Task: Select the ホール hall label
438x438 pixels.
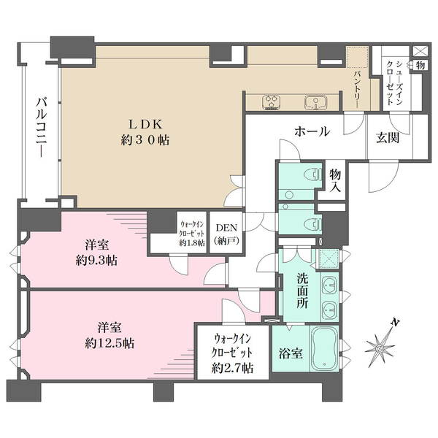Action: point(312,132)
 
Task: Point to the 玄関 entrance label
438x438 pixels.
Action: point(387,139)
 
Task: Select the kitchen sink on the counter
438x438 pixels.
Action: point(317,101)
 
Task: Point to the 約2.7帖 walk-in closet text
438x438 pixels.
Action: point(234,368)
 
